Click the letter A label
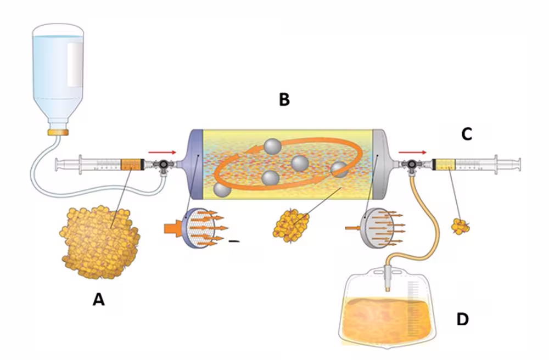98,300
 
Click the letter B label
284,99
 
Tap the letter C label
466,134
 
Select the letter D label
462,319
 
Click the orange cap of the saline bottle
58,132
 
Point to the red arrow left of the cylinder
162,153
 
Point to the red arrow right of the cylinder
412,153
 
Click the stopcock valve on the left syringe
163,165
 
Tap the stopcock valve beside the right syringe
412,165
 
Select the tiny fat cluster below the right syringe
460,226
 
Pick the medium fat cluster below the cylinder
291,226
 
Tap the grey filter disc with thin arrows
378,228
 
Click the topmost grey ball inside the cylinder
273,147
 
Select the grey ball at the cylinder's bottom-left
222,190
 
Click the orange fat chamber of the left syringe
132,165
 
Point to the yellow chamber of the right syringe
444,165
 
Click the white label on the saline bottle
75,65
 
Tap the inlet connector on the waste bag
388,278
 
